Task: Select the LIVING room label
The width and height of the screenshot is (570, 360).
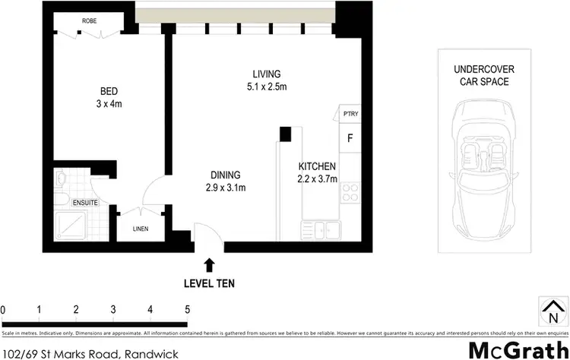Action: [x=267, y=74]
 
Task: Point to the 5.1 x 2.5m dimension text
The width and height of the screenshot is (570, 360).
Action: [x=267, y=87]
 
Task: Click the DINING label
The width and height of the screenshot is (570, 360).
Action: [x=224, y=175]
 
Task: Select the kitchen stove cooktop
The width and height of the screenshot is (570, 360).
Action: [x=350, y=194]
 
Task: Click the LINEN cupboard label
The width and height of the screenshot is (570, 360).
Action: [x=140, y=229]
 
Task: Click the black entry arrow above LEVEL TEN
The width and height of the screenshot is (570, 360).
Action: [x=209, y=265]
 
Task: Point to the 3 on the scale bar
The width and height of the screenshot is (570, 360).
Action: [x=113, y=310]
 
